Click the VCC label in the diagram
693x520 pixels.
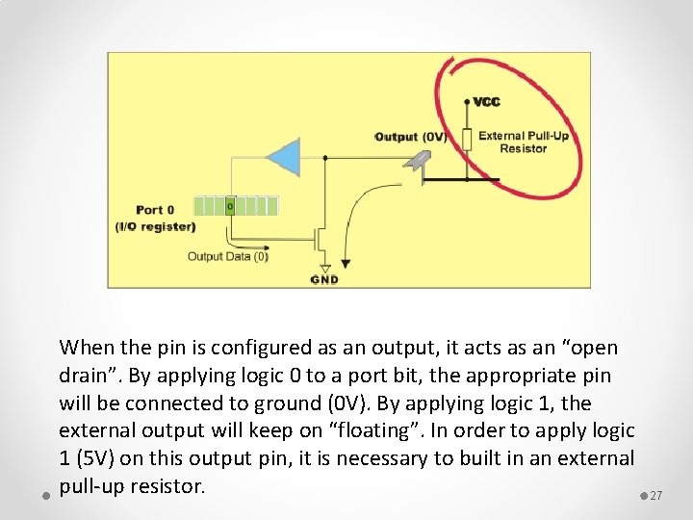(486, 102)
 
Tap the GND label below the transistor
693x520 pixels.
(324, 279)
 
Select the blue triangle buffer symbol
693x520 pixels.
(284, 157)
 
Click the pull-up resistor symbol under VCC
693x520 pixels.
(467, 140)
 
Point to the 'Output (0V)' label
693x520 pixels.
(410, 137)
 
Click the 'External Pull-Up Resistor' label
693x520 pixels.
(523, 142)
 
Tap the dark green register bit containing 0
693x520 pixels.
(230, 205)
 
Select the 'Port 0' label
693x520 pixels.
(155, 210)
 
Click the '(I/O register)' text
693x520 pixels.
(155, 227)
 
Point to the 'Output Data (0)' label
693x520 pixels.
(227, 256)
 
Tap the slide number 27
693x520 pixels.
(656, 496)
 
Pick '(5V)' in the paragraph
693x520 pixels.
(99, 458)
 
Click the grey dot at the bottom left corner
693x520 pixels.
(46, 496)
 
